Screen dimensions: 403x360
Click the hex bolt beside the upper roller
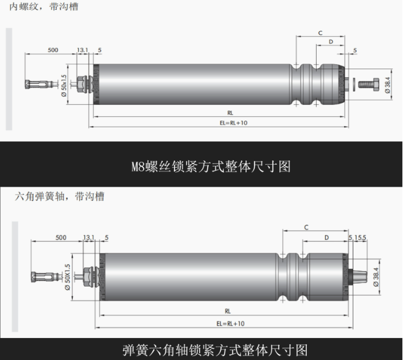(x=369, y=84)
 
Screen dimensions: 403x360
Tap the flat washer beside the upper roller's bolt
(x=354, y=84)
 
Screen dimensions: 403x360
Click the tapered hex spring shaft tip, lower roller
(x=359, y=277)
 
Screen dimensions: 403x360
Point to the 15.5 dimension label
(x=360, y=238)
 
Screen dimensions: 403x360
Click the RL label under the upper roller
(x=230, y=113)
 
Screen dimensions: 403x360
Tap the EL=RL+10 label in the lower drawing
(x=230, y=323)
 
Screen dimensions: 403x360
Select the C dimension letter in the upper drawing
(x=320, y=33)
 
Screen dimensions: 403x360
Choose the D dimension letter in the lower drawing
(x=326, y=238)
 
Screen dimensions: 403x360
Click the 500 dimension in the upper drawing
(x=53, y=50)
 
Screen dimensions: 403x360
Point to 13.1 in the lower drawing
(x=89, y=238)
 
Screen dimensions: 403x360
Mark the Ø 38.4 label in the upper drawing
(x=388, y=85)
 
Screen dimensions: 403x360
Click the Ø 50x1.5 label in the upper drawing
(x=64, y=85)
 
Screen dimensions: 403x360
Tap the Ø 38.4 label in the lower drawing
(x=376, y=277)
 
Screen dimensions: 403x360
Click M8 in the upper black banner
(x=138, y=167)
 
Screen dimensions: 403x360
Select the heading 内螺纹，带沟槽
(x=43, y=6)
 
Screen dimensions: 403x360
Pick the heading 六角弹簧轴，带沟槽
(x=59, y=197)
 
